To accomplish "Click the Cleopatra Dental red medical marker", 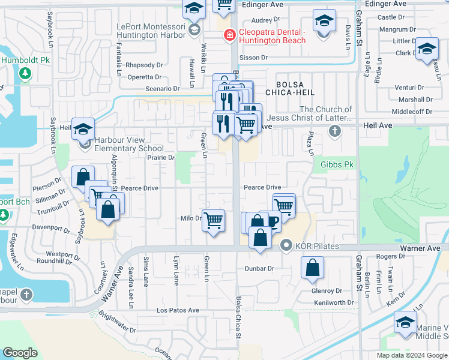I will click(x=229, y=36).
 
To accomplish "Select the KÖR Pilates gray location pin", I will click(x=286, y=245).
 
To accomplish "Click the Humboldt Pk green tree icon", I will click(x=25, y=73).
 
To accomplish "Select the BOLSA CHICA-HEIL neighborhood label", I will click(x=295, y=89).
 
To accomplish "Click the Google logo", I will click(x=20, y=353).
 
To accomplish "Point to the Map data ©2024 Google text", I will click(x=412, y=355).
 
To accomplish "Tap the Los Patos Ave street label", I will click(x=178, y=310).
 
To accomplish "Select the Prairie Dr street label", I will click(x=161, y=158).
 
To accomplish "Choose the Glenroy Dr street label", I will click(x=327, y=290).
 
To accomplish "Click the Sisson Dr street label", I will click(x=253, y=58).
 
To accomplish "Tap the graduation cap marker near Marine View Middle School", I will click(x=406, y=322).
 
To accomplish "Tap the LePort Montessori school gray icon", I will click(x=194, y=30).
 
